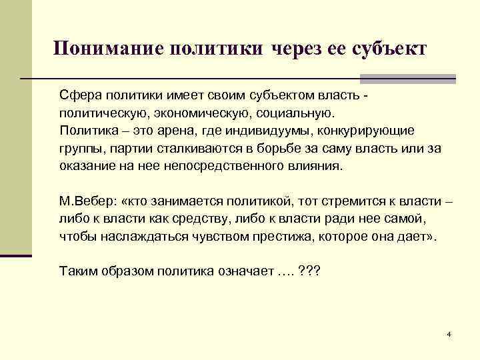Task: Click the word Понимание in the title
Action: [x=108, y=49]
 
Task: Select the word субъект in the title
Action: [x=390, y=49]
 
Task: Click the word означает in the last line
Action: [x=239, y=272]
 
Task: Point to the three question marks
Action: [x=310, y=271]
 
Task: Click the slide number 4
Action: [x=450, y=333]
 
